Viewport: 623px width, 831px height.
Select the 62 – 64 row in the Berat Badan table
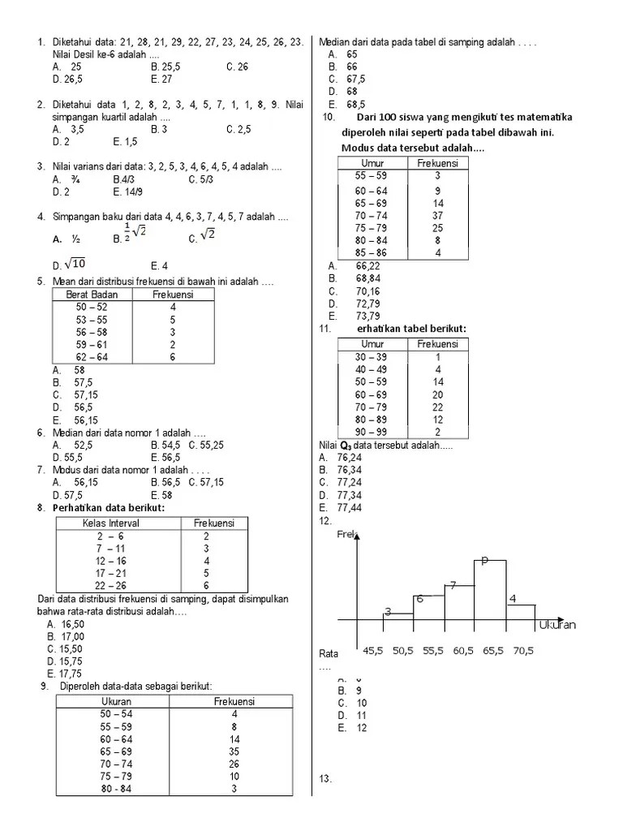pos(92,356)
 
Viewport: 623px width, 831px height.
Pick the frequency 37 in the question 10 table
pos(437,215)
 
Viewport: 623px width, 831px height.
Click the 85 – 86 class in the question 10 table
pos(372,252)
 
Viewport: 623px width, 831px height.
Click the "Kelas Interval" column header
pos(111,523)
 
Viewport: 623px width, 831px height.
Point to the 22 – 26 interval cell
pos(111,585)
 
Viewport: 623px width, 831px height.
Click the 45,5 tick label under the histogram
pos(374,651)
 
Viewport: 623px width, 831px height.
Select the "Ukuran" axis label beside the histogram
pos(556,625)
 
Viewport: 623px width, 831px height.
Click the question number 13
pos(325,779)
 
